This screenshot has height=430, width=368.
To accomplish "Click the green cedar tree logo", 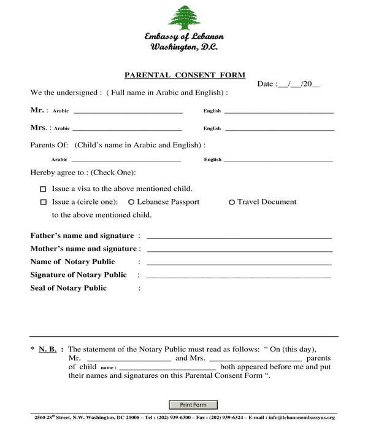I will (184, 18).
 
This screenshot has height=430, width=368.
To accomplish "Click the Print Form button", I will (193, 405).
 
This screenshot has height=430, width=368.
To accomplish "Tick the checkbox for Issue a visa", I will (43, 189).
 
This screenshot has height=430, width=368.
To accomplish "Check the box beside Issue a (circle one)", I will (43, 202).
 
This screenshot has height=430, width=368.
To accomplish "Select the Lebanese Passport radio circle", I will (131, 202).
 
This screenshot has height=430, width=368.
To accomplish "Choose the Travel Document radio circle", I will (231, 202).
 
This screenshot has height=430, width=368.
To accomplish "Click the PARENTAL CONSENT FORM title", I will (185, 76).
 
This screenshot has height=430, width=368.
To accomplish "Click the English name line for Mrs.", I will (279, 129).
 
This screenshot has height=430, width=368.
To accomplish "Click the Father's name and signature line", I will (239, 237).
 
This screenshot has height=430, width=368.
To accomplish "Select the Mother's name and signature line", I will (239, 249).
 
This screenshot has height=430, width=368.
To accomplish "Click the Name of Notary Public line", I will (239, 263).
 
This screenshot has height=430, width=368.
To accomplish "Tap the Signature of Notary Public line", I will (239, 276).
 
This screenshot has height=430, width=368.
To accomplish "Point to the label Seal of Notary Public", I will (68, 288).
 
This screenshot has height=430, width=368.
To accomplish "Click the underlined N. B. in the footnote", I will (48, 349).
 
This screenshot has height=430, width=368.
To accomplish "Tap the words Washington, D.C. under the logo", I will (183, 47).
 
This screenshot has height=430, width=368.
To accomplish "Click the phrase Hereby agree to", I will (58, 173).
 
